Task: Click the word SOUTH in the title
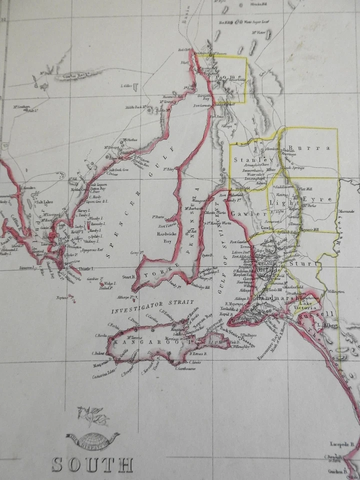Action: click(92, 464)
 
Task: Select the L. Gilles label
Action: click(126, 86)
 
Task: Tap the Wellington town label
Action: click(336, 291)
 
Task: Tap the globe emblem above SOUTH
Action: click(92, 440)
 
